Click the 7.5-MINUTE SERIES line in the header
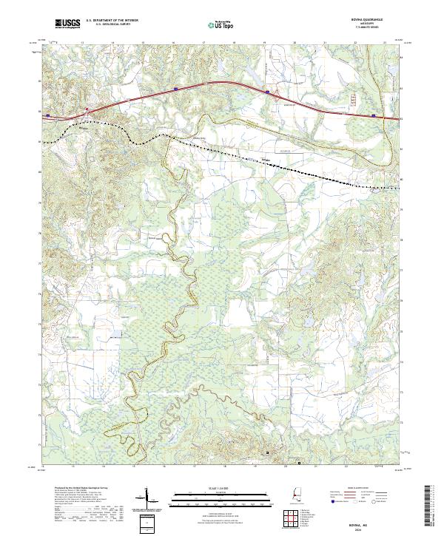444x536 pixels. pos(370,30)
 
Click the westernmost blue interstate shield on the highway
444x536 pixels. pos(48,115)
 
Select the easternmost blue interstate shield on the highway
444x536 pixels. pos(373,115)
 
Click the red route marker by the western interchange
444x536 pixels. pos(87,110)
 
